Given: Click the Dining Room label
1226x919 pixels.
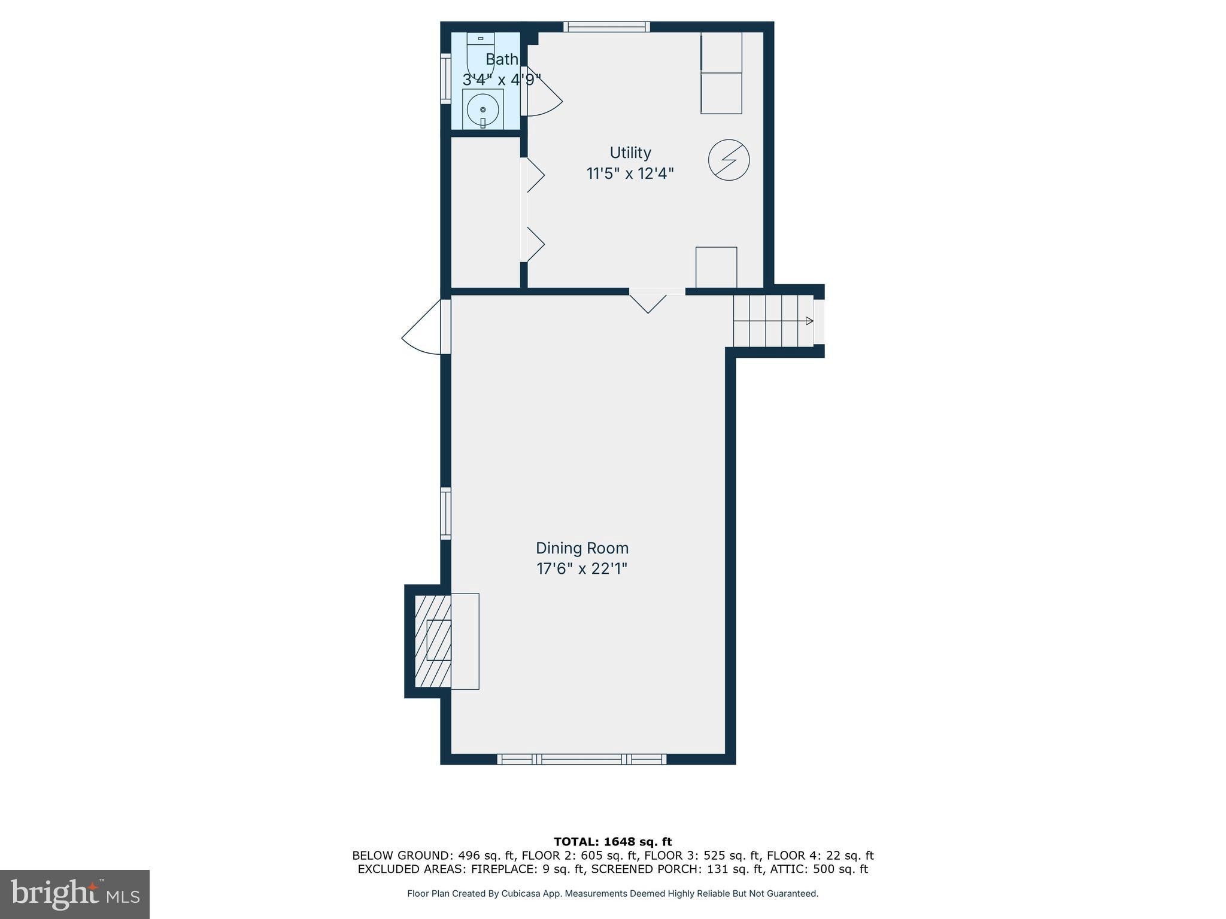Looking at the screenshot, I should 582,548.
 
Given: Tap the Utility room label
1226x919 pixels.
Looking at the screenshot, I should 630,153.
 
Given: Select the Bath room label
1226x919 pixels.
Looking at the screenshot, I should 502,59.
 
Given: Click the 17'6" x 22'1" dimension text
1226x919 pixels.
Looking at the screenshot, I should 582,568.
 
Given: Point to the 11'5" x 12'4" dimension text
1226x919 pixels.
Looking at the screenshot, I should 630,174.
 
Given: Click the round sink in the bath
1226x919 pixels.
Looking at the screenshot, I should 482,110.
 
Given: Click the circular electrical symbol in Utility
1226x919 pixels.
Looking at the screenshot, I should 729,160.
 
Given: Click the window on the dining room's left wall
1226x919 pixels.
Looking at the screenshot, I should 445,513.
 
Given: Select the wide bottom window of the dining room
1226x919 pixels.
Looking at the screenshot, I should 581,759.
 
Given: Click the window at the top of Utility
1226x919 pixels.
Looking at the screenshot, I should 606,26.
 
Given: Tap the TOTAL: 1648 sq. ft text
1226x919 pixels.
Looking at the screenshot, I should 612,842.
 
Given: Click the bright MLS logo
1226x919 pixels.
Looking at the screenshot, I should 75,894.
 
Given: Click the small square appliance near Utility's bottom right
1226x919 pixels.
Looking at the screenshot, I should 716,267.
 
